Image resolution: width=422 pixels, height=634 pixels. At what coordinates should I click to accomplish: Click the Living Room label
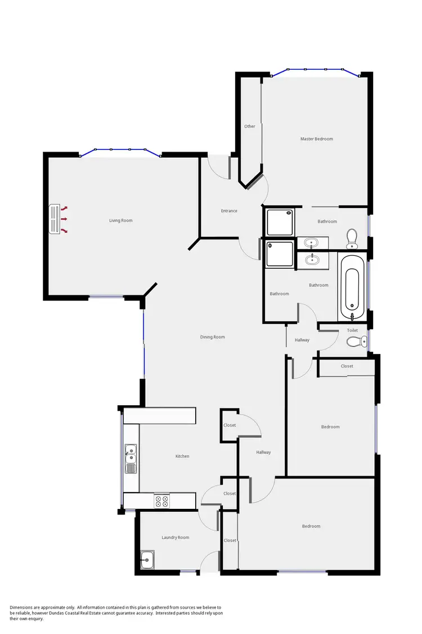(121, 220)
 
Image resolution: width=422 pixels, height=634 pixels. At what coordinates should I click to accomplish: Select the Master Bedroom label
(316, 139)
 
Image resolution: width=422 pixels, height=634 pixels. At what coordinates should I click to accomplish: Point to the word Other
(250, 126)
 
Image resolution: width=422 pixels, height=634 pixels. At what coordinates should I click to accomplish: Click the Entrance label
(229, 211)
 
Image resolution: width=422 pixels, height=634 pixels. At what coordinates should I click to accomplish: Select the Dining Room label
(212, 337)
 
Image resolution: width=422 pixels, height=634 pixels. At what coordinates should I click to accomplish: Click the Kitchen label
(182, 456)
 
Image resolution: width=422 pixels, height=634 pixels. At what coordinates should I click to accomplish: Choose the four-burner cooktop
(161, 500)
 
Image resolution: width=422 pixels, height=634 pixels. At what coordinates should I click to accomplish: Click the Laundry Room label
(175, 538)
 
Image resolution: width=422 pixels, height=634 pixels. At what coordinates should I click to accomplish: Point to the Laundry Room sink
(148, 560)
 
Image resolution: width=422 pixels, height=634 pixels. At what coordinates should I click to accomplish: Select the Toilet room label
(352, 330)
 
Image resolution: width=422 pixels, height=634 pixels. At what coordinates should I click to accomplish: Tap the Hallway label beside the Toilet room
(302, 340)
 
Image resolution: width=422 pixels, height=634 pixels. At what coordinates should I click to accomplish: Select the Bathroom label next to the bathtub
(318, 285)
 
